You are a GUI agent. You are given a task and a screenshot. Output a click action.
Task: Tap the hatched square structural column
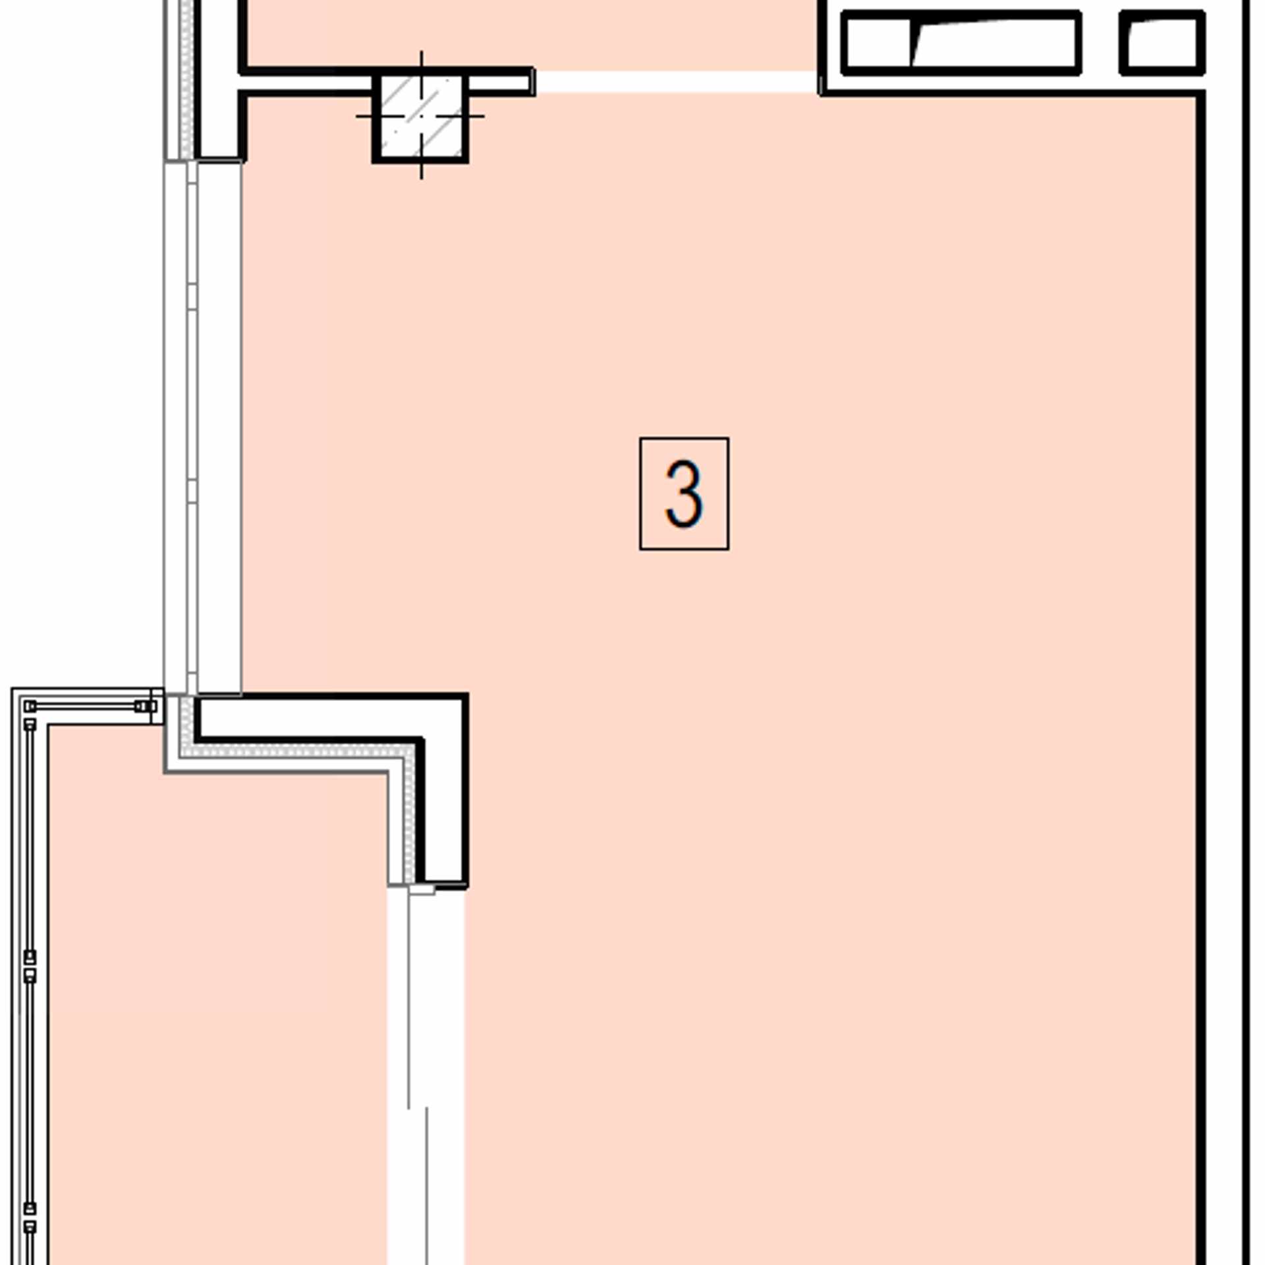tap(420, 117)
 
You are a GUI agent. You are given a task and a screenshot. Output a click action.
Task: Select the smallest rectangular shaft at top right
tap(1162, 43)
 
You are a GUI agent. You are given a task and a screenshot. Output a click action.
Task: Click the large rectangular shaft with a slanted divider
tap(961, 43)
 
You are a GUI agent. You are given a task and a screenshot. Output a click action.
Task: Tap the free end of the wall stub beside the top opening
tap(532, 82)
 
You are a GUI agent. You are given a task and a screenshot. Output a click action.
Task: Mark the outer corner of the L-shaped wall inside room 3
tap(466, 694)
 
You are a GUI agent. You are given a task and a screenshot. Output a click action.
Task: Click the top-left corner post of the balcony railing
tap(30, 706)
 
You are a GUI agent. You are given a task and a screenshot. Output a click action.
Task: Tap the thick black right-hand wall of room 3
tap(1201, 679)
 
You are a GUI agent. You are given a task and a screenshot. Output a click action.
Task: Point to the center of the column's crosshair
tap(421, 117)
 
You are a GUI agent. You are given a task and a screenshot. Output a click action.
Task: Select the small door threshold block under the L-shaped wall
tap(422, 890)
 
